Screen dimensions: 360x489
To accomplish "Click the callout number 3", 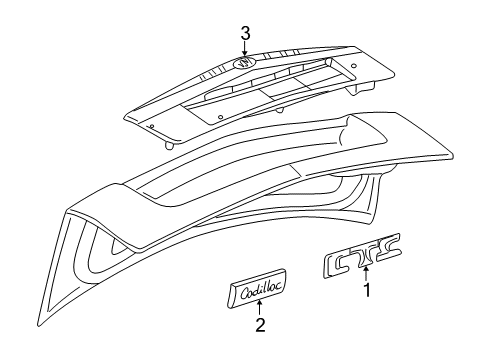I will point(245,34).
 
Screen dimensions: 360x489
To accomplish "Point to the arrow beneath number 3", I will point(245,50).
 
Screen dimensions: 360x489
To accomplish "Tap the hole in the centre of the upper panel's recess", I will point(219,115).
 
